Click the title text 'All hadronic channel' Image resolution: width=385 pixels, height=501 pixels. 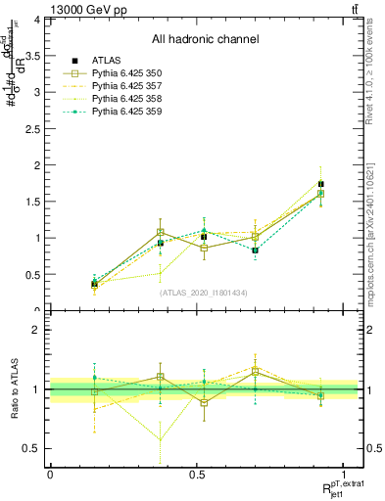[205, 39]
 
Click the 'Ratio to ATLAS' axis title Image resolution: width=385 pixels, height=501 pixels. [15, 389]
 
